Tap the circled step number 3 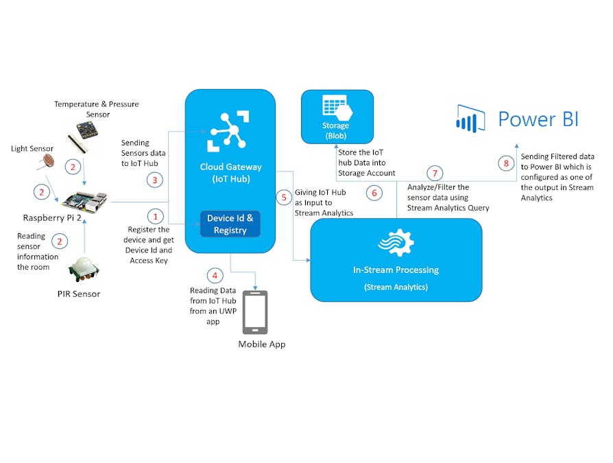156,180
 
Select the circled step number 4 215,276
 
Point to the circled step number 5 285,198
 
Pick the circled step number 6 374,193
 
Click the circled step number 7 434,173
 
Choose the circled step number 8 506,163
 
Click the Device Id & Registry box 230,224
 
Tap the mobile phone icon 255,312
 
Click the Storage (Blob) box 337,117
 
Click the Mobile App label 261,344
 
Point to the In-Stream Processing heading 396,270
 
